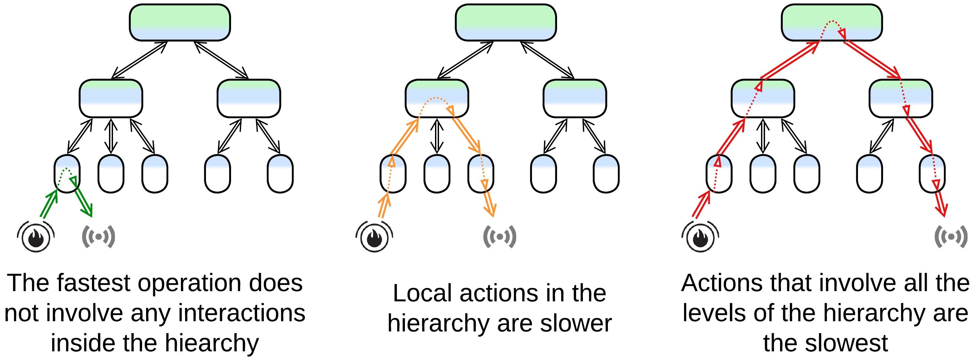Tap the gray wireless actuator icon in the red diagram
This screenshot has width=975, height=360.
click(x=951, y=237)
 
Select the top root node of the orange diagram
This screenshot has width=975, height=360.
click(x=506, y=22)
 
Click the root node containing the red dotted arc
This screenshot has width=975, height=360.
click(x=832, y=22)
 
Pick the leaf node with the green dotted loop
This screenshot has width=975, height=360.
click(x=67, y=174)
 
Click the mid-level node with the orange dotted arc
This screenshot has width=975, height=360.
click(x=437, y=98)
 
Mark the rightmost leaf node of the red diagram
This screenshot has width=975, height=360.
click(x=932, y=174)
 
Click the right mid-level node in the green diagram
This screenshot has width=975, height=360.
click(x=249, y=98)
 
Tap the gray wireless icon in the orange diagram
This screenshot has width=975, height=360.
click(x=500, y=237)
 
